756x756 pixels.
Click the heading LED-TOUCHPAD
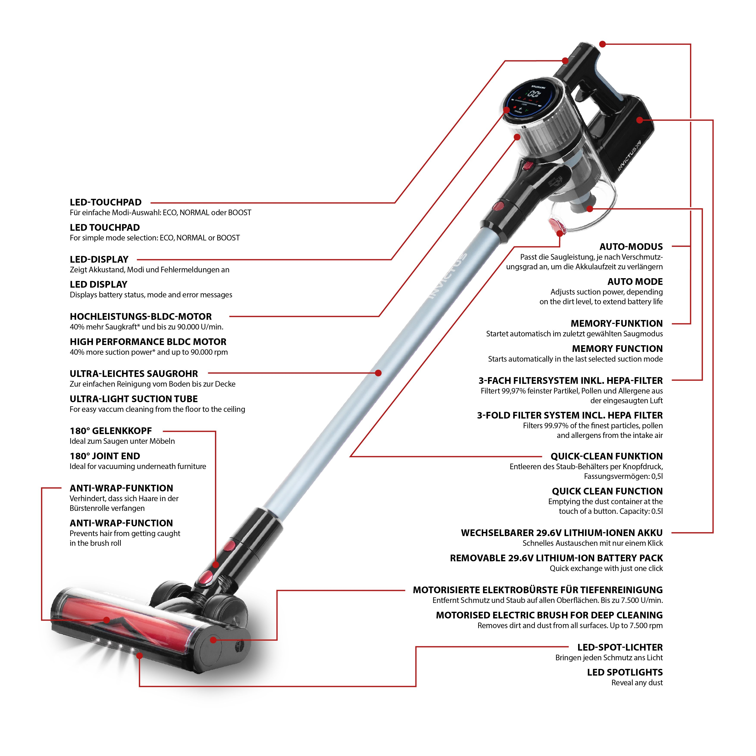point(106,202)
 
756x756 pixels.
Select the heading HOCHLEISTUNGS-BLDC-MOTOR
point(140,317)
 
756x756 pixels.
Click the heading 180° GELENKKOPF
point(111,431)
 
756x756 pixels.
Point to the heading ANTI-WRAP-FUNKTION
point(121,488)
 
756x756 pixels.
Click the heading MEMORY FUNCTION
point(617,349)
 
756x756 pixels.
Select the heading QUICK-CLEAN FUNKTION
point(606,456)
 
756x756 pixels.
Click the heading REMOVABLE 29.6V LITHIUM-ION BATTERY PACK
point(556,558)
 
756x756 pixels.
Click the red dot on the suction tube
point(378,373)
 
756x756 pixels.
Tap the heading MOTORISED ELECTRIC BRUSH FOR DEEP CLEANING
point(549,615)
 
